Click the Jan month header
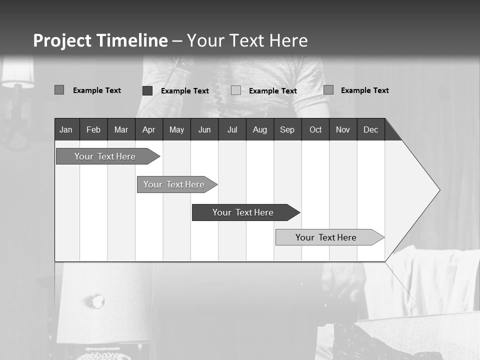[x=66, y=130]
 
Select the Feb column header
[x=93, y=130]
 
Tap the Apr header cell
[x=148, y=130]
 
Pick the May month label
[x=176, y=130]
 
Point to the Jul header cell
[x=232, y=130]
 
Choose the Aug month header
[x=260, y=130]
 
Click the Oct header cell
[x=315, y=130]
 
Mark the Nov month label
[x=343, y=130]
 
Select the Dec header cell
[x=370, y=130]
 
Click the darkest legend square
[x=147, y=90]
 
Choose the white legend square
[x=236, y=90]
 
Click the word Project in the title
[x=62, y=40]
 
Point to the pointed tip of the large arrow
[x=438, y=190]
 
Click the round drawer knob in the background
[x=96, y=301]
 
